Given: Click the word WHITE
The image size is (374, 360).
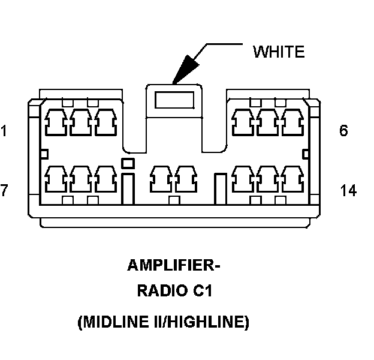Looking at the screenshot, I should [279, 52].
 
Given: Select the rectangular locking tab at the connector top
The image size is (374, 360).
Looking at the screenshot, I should [175, 100].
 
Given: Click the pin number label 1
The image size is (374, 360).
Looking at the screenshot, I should [4, 131].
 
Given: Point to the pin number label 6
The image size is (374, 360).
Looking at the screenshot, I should [343, 131].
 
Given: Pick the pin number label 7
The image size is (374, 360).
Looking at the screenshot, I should [4, 191].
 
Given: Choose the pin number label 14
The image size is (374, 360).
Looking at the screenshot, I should [348, 191].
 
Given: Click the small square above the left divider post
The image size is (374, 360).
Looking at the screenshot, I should [127, 163].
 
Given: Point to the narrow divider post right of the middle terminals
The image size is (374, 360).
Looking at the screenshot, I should [221, 187].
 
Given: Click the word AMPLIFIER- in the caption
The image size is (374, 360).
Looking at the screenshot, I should [170, 265].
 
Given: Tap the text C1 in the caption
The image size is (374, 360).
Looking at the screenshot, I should [201, 293].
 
